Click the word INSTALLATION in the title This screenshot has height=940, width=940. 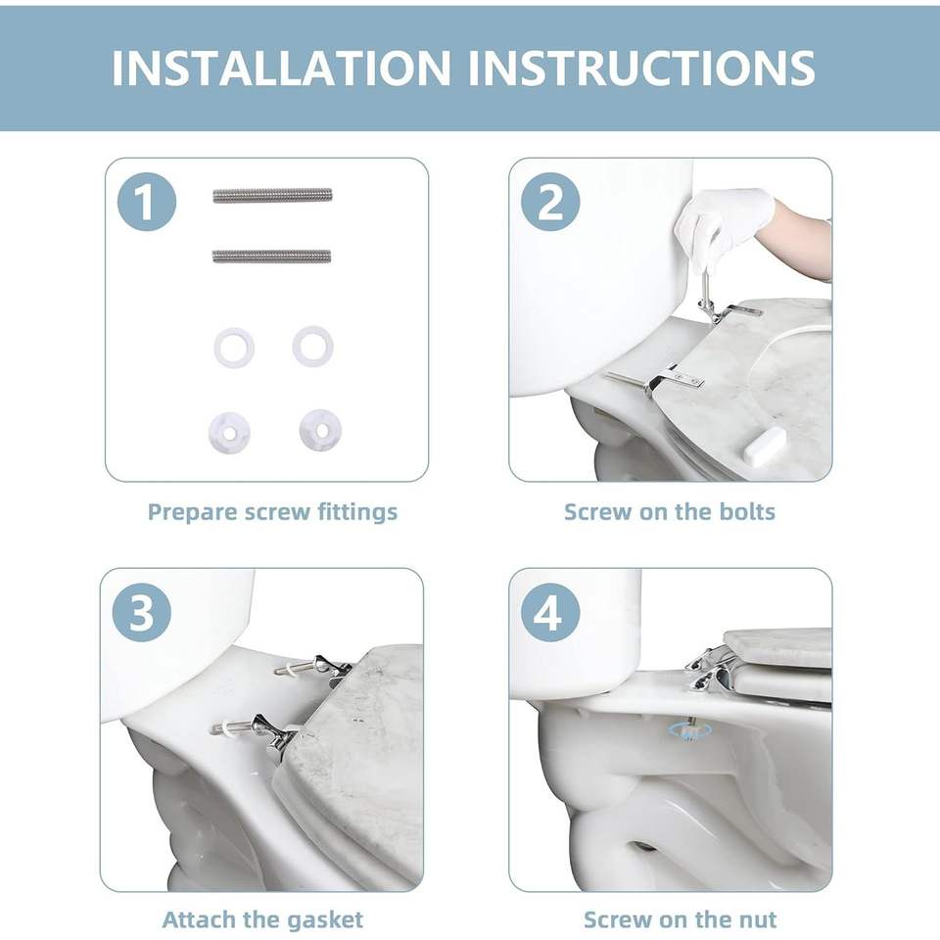[281, 68]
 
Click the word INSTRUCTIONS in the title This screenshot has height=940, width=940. [641, 68]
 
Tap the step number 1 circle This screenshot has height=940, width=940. [147, 202]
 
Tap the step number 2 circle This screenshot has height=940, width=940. [550, 202]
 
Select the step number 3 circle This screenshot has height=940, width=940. [142, 613]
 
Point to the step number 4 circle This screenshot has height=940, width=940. [550, 613]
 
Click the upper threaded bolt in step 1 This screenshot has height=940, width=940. [272, 196]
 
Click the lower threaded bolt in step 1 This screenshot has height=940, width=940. [271, 257]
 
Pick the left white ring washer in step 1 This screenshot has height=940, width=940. [234, 347]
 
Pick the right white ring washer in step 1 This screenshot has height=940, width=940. [312, 347]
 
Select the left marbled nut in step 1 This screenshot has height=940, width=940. [229, 432]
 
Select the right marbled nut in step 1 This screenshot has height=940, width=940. [320, 430]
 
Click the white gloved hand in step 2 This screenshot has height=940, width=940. [723, 217]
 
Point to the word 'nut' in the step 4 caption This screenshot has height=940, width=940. [757, 919]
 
